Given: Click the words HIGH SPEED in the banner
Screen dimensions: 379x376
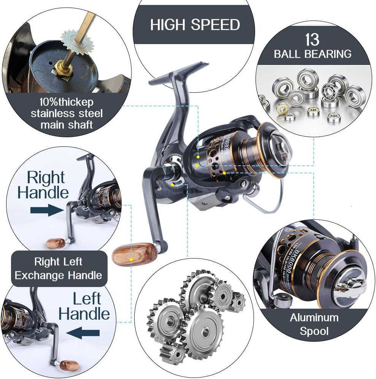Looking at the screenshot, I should tap(195, 25).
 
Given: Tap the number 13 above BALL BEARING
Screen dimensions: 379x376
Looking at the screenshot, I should tap(312, 40).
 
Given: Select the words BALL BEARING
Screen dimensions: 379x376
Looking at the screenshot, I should tap(313, 54).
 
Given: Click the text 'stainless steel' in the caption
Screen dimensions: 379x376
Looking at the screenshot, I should tap(67, 113).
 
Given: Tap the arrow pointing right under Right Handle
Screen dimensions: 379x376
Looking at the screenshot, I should tap(46, 210).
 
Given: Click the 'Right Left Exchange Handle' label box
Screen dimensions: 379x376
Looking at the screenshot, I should tap(59, 268).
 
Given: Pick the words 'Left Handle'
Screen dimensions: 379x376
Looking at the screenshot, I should tap(85, 306).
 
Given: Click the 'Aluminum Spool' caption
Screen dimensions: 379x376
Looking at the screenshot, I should tap(314, 324).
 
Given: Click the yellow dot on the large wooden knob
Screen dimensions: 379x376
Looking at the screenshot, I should tap(131, 259).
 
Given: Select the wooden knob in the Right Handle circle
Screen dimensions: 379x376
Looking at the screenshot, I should tap(56, 243).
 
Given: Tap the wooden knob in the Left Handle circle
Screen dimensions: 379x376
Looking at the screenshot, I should tap(69, 365).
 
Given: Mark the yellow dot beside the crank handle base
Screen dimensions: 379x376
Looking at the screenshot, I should tap(173, 185).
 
